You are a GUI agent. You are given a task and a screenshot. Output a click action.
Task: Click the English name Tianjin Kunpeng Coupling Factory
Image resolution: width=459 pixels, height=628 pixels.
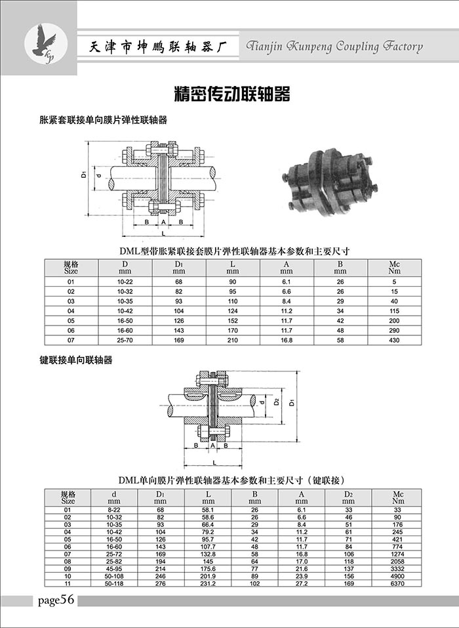pyautogui.click(x=334, y=47)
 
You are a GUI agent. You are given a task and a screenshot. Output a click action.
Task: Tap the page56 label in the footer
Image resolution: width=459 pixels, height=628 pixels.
pyautogui.click(x=56, y=600)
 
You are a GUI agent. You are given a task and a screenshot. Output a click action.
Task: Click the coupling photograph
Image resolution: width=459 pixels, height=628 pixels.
pyautogui.click(x=329, y=182)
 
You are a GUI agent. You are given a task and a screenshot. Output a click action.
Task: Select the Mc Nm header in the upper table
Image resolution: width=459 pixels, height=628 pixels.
pyautogui.click(x=394, y=268)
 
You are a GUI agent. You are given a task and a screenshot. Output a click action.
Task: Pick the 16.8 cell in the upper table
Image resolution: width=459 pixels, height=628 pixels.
pyautogui.click(x=287, y=340)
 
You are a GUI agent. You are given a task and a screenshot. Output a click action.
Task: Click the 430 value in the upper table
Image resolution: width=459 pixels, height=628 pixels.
pyautogui.click(x=394, y=340)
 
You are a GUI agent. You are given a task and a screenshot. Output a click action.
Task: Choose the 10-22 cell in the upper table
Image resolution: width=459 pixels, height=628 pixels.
pyautogui.click(x=125, y=282)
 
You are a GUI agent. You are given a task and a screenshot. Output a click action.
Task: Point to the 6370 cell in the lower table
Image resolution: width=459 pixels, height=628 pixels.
pyautogui.click(x=397, y=583)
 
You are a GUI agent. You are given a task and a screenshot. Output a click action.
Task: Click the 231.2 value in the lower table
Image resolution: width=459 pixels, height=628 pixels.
pyautogui.click(x=208, y=583)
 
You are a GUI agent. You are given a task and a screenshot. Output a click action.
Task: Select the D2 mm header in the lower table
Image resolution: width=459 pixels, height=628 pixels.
pyautogui.click(x=349, y=497)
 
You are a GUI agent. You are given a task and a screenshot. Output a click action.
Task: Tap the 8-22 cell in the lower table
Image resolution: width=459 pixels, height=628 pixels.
pyautogui.click(x=113, y=510)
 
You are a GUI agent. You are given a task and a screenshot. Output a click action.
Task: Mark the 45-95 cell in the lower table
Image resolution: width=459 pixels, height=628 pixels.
pyautogui.click(x=113, y=569)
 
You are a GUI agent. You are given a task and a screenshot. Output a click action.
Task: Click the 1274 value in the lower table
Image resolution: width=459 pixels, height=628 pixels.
pyautogui.click(x=397, y=555)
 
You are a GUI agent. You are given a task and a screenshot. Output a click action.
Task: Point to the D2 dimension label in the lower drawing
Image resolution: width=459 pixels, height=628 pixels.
pyautogui.click(x=277, y=402)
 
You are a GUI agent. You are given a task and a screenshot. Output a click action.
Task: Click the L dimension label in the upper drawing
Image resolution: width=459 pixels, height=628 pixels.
pyautogui.click(x=163, y=233)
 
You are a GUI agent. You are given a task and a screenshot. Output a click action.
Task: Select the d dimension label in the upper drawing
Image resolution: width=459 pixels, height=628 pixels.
pyautogui.click(x=98, y=175)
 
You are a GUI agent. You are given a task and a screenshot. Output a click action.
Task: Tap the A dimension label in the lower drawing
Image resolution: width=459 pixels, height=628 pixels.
pyautogui.click(x=213, y=446)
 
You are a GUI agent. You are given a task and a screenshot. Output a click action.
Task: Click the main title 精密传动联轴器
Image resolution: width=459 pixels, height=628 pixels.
pyautogui.click(x=232, y=94)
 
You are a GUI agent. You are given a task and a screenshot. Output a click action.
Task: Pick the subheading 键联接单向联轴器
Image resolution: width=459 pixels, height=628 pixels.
pyautogui.click(x=75, y=360)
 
